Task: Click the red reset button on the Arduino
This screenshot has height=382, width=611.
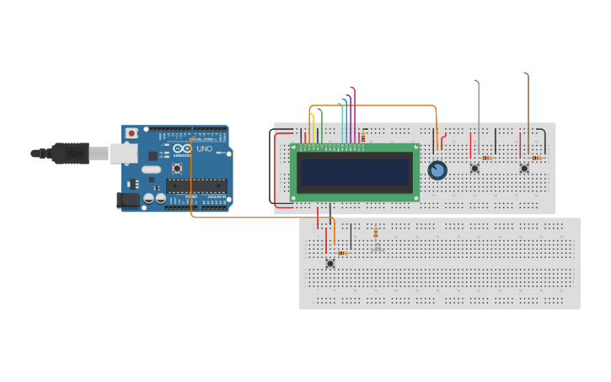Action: pos(131,133)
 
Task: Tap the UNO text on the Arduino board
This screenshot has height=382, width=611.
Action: pos(204,149)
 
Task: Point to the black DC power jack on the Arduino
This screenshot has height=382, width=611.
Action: pos(126,200)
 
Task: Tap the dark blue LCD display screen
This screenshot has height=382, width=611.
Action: pos(355,172)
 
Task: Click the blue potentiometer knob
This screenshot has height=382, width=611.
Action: pos(437,170)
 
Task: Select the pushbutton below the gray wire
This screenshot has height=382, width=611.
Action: pos(474,168)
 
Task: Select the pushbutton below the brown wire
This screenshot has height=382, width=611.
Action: pos(524,168)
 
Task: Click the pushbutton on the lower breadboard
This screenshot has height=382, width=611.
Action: pos(330,263)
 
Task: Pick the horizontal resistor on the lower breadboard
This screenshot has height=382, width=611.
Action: pos(342,253)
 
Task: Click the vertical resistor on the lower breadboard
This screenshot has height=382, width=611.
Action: pos(375,232)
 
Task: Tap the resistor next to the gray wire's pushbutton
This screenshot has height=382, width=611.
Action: pos(486,158)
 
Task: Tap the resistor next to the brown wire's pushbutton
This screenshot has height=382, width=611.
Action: pos(537,158)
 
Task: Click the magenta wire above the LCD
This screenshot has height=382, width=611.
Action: pos(355,110)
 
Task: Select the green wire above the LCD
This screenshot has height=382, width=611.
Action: pos(321,122)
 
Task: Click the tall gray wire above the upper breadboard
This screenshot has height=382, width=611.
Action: pos(479,110)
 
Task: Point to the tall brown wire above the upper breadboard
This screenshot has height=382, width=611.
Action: pos(528,101)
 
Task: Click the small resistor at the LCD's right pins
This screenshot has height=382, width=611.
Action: pos(362,137)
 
